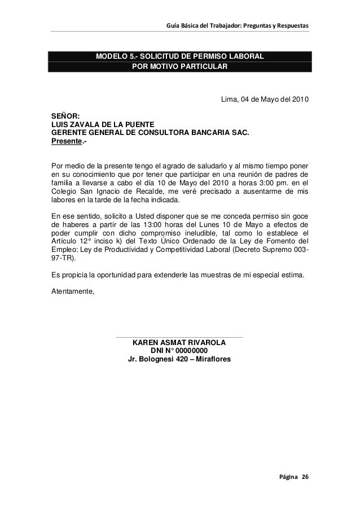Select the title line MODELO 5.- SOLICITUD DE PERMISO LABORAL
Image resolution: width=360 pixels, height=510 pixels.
pyautogui.click(x=179, y=56)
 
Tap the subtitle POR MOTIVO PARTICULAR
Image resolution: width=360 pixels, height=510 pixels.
pyautogui.click(x=179, y=67)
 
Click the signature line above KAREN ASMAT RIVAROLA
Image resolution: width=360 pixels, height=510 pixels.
pyautogui.click(x=179, y=337)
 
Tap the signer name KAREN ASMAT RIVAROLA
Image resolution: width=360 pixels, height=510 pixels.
pyautogui.click(x=179, y=343)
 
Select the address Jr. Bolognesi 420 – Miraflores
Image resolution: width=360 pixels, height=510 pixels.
pyautogui.click(x=179, y=360)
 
